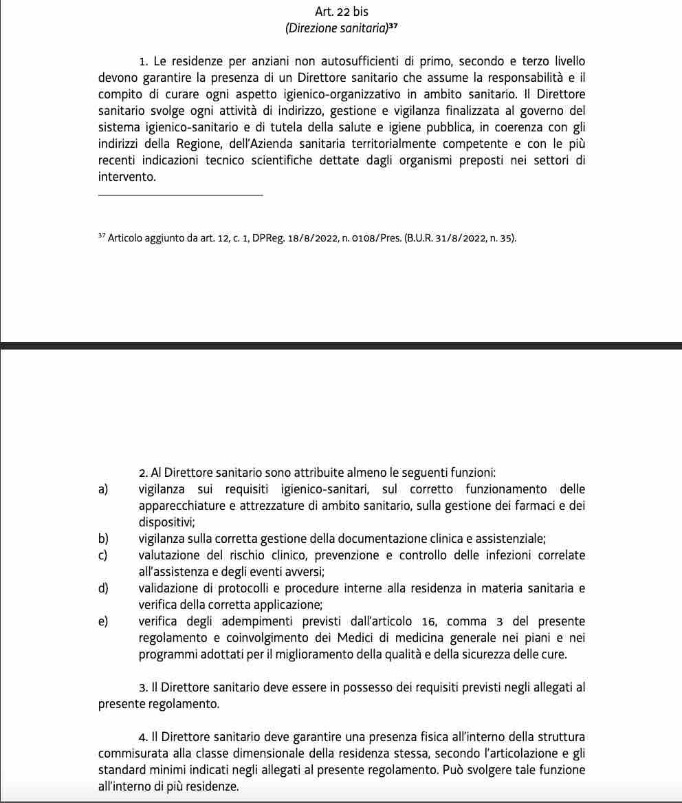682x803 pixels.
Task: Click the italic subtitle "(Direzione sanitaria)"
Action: (x=335, y=28)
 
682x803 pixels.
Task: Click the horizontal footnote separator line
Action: (x=180, y=195)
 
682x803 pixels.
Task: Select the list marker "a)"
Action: (x=104, y=489)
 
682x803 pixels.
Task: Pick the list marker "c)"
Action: (x=103, y=555)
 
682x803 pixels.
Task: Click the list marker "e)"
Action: (x=104, y=621)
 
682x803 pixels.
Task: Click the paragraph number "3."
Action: (x=143, y=687)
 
